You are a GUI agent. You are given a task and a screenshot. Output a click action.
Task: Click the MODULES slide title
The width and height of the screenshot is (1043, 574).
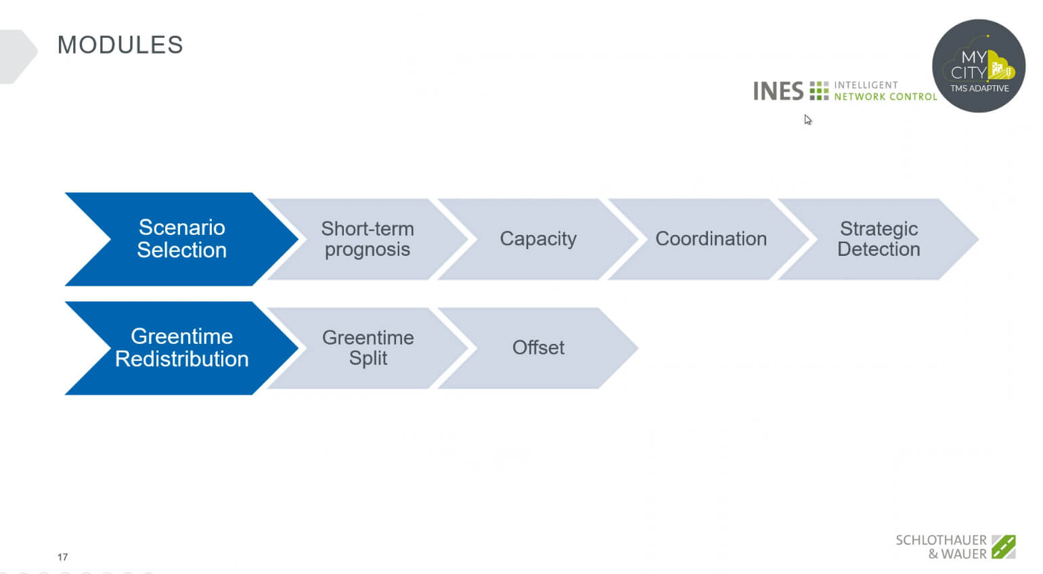pyautogui.click(x=120, y=45)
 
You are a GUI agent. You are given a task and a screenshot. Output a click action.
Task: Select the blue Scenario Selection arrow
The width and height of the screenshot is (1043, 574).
pyautogui.click(x=181, y=239)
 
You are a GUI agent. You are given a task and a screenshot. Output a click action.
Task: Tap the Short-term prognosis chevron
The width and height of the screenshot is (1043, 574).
pyautogui.click(x=368, y=239)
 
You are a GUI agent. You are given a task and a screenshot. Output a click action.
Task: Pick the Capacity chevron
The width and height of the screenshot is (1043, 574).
pyautogui.click(x=538, y=239)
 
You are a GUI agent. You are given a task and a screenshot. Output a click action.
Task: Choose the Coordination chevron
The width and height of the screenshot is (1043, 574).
pyautogui.click(x=711, y=239)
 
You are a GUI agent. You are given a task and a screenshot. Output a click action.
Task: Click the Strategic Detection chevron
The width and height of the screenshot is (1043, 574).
pyautogui.click(x=879, y=239)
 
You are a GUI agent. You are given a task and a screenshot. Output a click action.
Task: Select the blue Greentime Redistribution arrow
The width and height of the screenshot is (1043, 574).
pyautogui.click(x=181, y=348)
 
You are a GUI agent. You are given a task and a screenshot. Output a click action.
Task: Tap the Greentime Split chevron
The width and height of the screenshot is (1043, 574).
pyautogui.click(x=368, y=348)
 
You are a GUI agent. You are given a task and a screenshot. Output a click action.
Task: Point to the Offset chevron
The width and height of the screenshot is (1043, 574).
pyautogui.click(x=538, y=348)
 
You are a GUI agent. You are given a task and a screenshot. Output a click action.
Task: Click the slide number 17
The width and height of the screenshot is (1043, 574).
pyautogui.click(x=62, y=557)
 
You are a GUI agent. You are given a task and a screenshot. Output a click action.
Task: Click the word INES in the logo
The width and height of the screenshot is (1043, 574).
pyautogui.click(x=778, y=91)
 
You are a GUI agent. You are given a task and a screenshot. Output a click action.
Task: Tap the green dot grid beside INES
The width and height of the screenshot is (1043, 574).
pyautogui.click(x=819, y=91)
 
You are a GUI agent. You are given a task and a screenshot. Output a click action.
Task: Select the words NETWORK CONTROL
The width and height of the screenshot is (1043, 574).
pyautogui.click(x=885, y=97)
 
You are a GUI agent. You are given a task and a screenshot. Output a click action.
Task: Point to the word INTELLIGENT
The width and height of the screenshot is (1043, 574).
pyautogui.click(x=866, y=85)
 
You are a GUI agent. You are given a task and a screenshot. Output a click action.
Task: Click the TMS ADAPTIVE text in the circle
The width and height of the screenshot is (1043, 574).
pyautogui.click(x=979, y=89)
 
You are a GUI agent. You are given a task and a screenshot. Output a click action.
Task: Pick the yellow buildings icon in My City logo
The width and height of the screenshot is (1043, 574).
pyautogui.click(x=1001, y=68)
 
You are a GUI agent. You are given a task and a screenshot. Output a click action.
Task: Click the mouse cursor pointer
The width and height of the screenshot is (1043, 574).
pyautogui.click(x=807, y=120)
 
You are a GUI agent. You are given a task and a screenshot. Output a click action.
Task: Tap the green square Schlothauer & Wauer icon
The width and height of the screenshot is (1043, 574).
pyautogui.click(x=1004, y=546)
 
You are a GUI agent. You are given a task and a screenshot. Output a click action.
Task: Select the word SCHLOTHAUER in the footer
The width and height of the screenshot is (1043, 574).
pyautogui.click(x=941, y=540)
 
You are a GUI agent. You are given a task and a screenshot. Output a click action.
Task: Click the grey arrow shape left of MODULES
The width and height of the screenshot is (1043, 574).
pyautogui.click(x=18, y=56)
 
